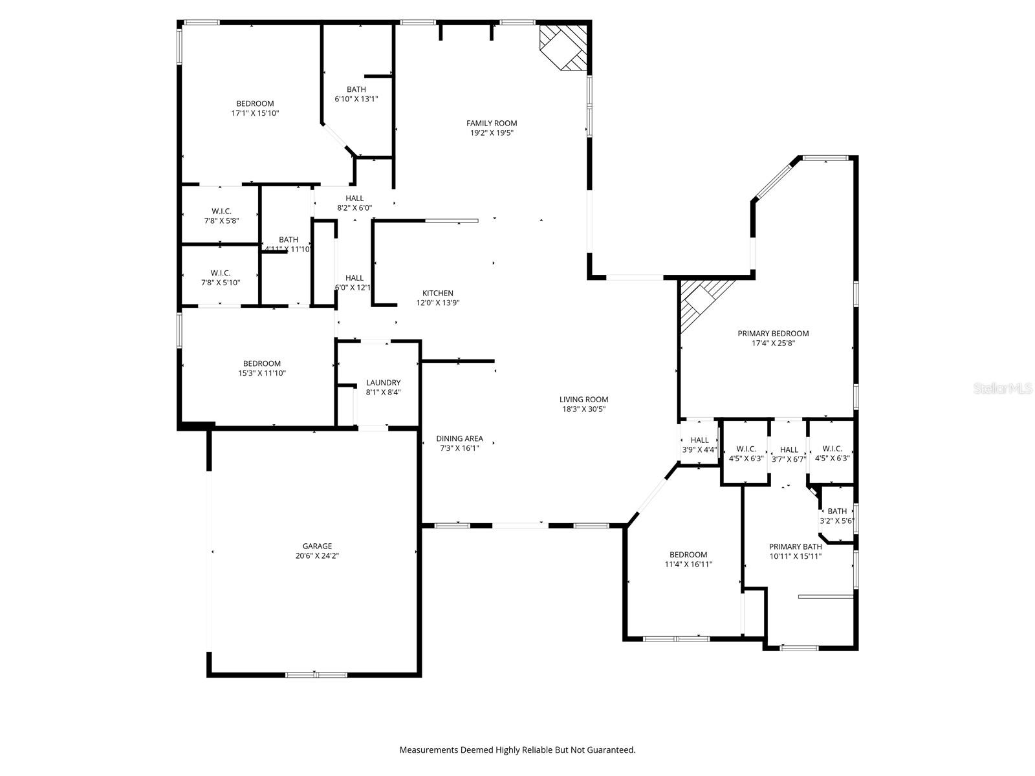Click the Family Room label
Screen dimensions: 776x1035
click(492, 123)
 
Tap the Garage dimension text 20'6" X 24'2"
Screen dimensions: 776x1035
click(316, 555)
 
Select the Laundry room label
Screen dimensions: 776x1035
click(383, 383)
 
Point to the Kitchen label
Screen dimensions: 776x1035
click(438, 293)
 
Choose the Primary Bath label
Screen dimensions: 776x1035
click(795, 546)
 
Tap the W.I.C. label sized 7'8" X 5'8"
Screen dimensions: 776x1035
click(221, 211)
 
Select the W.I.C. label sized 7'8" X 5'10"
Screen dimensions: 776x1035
click(221, 273)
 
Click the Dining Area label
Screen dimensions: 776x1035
click(459, 438)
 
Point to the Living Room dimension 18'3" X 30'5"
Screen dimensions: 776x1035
click(583, 409)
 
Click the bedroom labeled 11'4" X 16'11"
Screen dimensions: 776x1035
click(688, 559)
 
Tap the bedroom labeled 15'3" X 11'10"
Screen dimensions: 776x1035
click(261, 368)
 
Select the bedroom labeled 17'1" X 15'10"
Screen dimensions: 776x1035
click(255, 108)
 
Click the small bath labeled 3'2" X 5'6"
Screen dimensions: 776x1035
click(837, 515)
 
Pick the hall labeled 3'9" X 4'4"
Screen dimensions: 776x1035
click(699, 444)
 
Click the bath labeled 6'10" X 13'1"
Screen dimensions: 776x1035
click(356, 94)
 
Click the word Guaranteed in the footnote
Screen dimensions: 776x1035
click(611, 750)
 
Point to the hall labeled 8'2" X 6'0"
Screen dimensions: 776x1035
click(354, 203)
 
